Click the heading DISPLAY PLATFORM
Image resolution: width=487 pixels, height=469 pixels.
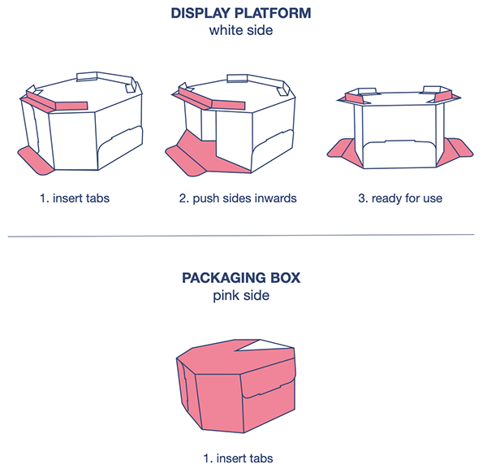click(x=242, y=14)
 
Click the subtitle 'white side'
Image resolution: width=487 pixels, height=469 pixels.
click(x=242, y=32)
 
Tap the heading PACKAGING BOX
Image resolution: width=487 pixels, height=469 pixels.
click(x=242, y=278)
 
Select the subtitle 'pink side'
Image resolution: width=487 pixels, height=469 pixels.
click(x=242, y=296)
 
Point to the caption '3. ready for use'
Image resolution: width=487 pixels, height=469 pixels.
click(x=407, y=198)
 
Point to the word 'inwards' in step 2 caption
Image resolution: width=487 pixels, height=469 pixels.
click(x=274, y=198)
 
